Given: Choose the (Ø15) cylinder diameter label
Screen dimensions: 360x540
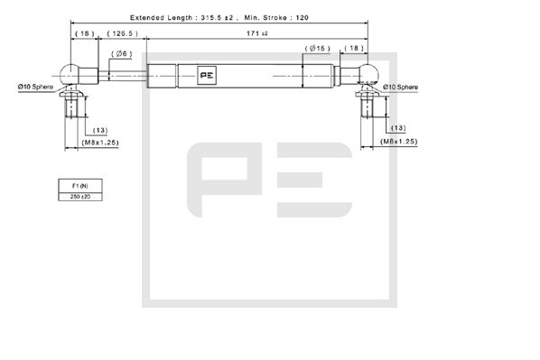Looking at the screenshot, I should click(x=316, y=48).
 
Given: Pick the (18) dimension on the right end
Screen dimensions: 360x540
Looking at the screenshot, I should click(x=355, y=48).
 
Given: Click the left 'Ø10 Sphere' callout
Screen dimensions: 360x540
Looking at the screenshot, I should click(x=35, y=86).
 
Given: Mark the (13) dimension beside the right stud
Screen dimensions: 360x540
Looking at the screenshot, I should click(x=398, y=128).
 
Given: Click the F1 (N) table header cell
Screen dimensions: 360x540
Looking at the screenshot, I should click(x=80, y=184).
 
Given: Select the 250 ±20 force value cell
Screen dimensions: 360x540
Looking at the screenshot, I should click(x=80, y=195).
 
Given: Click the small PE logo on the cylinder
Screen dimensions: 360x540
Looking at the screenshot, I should click(x=208, y=75).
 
